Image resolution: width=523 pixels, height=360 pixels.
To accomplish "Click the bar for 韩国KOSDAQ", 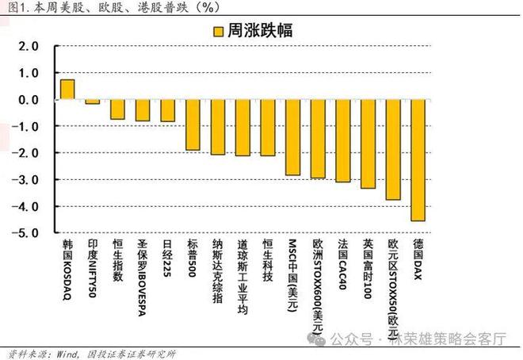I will pyautogui.click(x=67, y=90).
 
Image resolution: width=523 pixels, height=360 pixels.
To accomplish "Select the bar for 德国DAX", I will pyautogui.click(x=417, y=159).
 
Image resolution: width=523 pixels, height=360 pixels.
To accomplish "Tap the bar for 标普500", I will pyautogui.click(x=193, y=124).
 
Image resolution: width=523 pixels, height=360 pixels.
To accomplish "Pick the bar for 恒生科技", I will pyautogui.click(x=267, y=127).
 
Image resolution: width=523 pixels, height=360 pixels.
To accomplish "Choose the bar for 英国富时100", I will pyautogui.click(x=368, y=144).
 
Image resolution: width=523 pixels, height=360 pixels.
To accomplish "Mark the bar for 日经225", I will pyautogui.click(x=167, y=110).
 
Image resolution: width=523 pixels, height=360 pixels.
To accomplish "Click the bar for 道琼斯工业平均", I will pyautogui.click(x=242, y=127).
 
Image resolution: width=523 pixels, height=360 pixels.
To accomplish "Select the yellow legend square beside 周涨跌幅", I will pyautogui.click(x=216, y=33).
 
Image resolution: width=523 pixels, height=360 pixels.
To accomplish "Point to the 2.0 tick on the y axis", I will pyautogui.click(x=29, y=46).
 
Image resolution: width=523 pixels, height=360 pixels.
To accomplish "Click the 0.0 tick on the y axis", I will pyautogui.click(x=29, y=99).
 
